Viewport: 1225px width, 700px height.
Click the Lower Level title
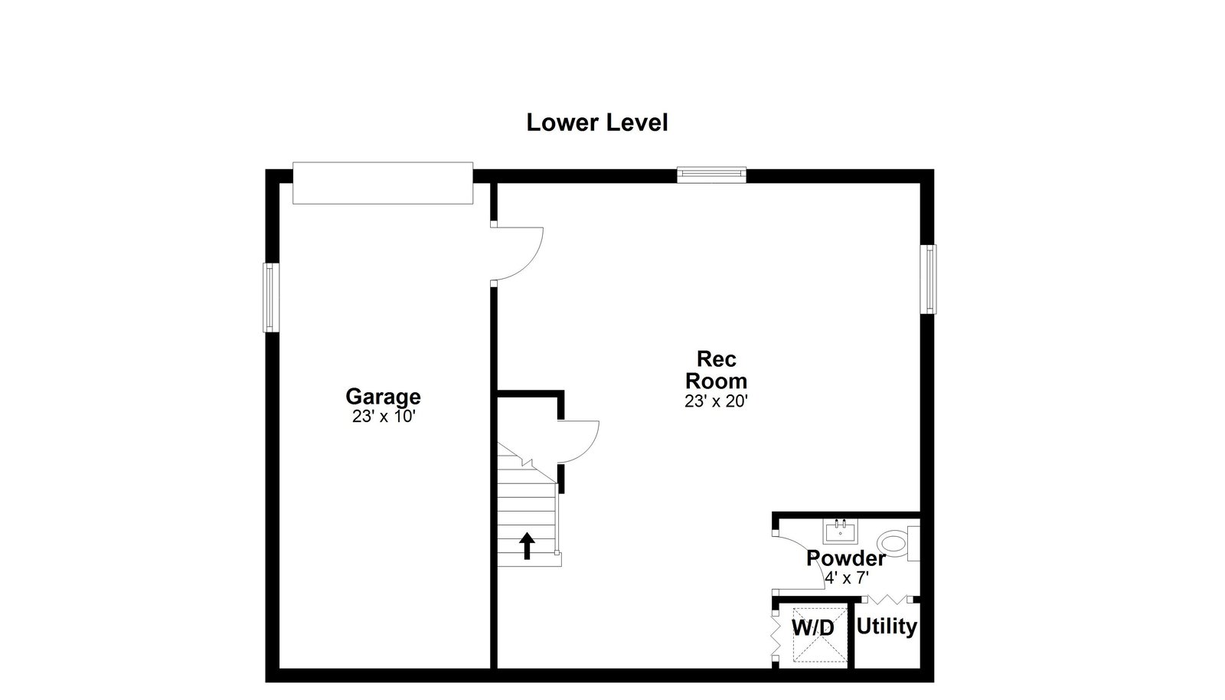(596, 123)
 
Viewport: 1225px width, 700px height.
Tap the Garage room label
(383, 397)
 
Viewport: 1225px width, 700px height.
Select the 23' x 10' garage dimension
(384, 417)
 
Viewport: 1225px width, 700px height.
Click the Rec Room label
(717, 370)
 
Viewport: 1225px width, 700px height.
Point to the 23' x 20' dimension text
(716, 401)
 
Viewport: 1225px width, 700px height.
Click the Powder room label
(846, 558)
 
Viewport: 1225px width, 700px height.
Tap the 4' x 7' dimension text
(847, 577)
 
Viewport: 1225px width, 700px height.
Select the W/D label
(813, 628)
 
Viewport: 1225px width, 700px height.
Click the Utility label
(887, 626)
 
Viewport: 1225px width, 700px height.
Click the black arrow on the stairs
(527, 546)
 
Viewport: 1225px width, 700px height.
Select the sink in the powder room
(841, 531)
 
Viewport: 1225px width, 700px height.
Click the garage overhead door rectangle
(383, 183)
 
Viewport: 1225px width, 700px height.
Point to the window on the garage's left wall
(271, 297)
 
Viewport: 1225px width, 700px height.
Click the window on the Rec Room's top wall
(711, 175)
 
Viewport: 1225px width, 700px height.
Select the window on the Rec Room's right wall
(928, 280)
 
